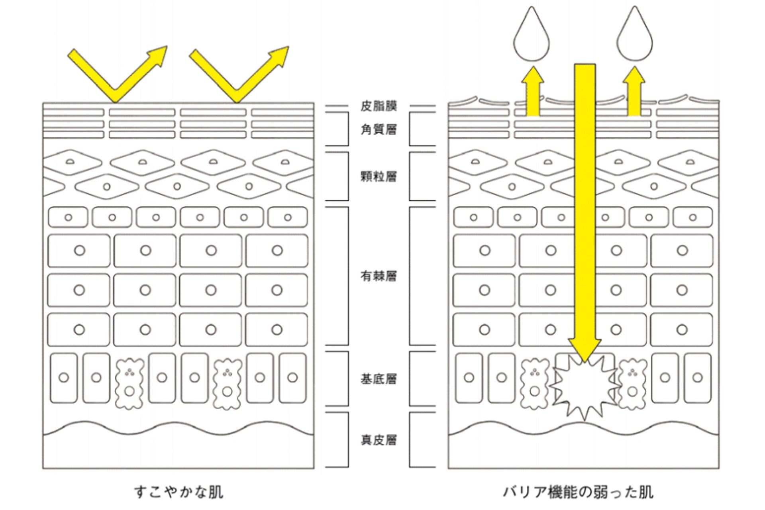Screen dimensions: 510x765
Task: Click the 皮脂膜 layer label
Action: pyautogui.click(x=379, y=106)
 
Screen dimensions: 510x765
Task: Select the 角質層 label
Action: pyautogui.click(x=379, y=129)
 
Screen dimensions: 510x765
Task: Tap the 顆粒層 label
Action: pyautogui.click(x=379, y=176)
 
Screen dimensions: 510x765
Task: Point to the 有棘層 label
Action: pyautogui.click(x=379, y=276)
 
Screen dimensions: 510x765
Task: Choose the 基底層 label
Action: pyautogui.click(x=379, y=379)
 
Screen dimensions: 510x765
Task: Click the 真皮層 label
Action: pyautogui.click(x=379, y=440)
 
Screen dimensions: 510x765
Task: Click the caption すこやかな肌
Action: pyautogui.click(x=178, y=492)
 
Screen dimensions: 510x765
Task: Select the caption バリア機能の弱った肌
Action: pyautogui.click(x=578, y=492)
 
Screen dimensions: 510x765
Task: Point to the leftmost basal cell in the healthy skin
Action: pyautogui.click(x=64, y=377)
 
